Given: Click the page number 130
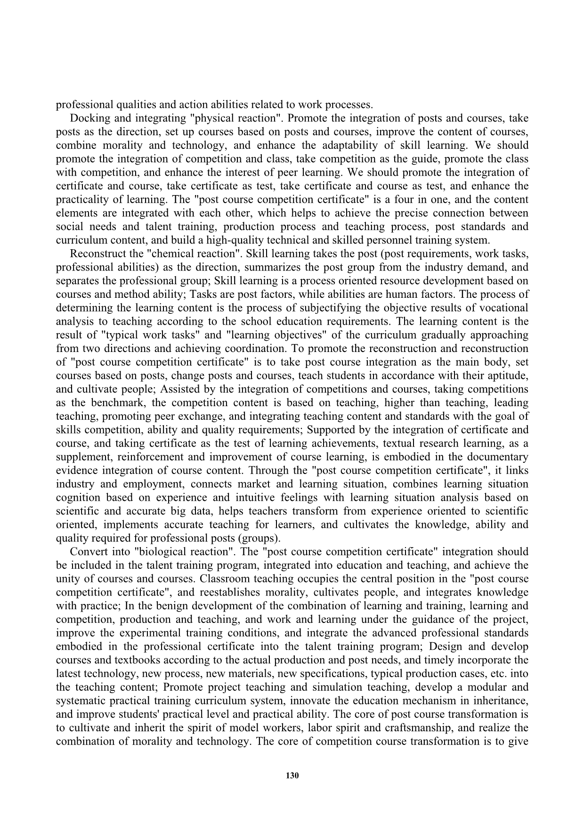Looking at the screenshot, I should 292,776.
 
